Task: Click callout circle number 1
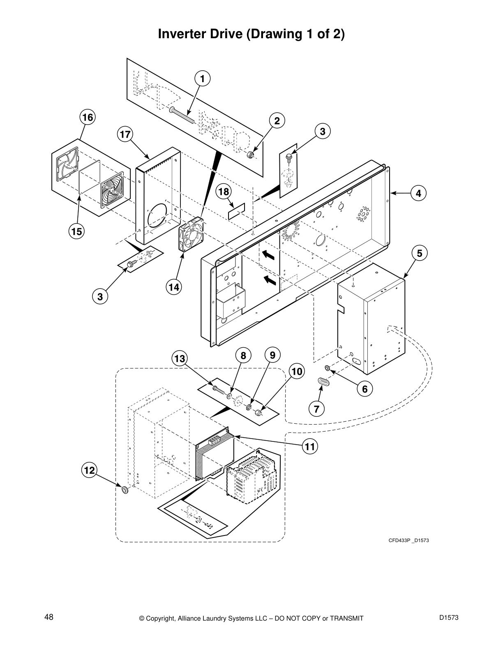[x=202, y=78]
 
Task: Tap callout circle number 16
[x=87, y=118]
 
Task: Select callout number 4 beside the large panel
[x=418, y=193]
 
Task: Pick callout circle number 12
[x=90, y=470]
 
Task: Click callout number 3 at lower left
[x=100, y=296]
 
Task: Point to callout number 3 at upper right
[x=323, y=132]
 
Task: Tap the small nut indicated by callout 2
[x=249, y=155]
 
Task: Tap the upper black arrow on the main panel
[x=268, y=255]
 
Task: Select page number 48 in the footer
[x=49, y=617]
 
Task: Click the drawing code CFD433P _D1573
[x=408, y=540]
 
